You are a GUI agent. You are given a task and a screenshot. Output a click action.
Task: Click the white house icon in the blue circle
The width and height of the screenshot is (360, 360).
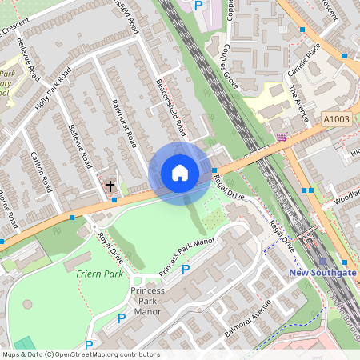180,173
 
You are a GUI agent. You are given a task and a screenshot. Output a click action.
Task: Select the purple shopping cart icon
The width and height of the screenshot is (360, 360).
281,137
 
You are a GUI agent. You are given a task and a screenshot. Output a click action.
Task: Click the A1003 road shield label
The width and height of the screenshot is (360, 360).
337,118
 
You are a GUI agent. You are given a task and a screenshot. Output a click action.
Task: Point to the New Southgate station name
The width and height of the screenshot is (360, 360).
322,274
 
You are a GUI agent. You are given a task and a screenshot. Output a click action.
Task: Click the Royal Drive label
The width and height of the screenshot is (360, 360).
110,247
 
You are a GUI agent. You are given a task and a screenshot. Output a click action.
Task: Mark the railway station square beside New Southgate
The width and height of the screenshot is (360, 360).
322,261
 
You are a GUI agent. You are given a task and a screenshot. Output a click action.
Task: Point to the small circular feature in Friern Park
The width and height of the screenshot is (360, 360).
29,305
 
